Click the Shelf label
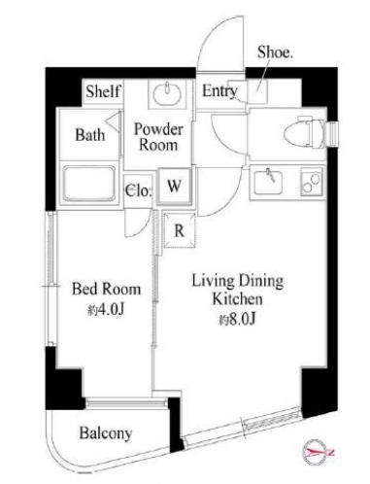click(x=103, y=91)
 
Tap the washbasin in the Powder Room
click(x=167, y=94)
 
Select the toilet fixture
click(x=304, y=133)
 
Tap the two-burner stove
click(x=312, y=181)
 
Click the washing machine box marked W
click(x=174, y=187)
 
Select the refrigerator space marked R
click(x=180, y=230)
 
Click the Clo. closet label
click(x=138, y=190)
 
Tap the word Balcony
click(x=106, y=433)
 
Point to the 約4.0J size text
click(x=106, y=310)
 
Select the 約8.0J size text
click(x=238, y=319)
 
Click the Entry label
click(x=219, y=90)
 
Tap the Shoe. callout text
click(x=275, y=52)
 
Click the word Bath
click(x=90, y=134)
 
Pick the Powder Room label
click(x=158, y=137)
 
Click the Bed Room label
click(x=106, y=289)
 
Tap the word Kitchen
click(x=237, y=299)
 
